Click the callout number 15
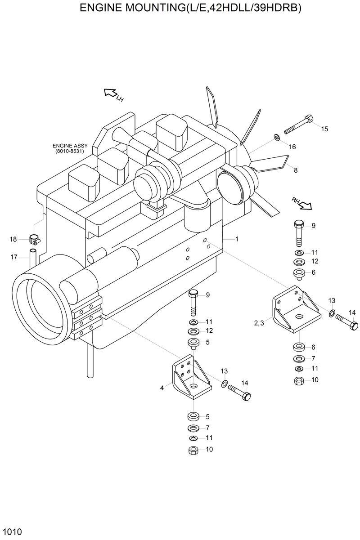click(x=324, y=129)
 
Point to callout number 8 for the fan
click(x=295, y=170)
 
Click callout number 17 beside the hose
click(x=13, y=257)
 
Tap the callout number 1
click(x=237, y=239)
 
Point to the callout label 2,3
click(x=259, y=322)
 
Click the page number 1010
click(x=11, y=532)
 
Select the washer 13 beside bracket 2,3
click(x=331, y=312)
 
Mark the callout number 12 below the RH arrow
click(x=315, y=261)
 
